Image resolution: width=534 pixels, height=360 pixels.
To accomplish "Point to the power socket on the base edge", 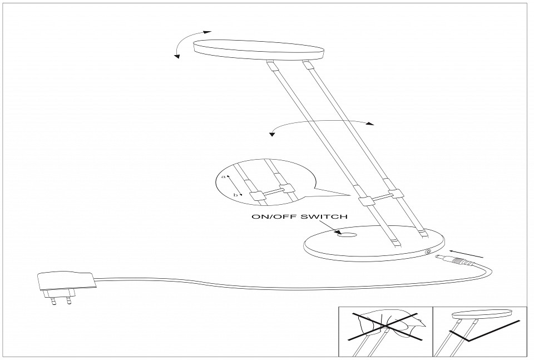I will pos(428,252).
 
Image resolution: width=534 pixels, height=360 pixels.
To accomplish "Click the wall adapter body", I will pos(65,280).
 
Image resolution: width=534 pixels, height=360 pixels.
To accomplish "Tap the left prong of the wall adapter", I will pos(53,300).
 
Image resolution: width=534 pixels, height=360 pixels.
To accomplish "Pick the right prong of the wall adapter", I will pos(69,300).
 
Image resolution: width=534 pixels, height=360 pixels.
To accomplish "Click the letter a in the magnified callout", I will pos(224,176).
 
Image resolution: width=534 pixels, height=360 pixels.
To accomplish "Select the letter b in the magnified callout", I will pos(235,195).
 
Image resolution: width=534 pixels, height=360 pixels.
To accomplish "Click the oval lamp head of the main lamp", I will pos(259,48).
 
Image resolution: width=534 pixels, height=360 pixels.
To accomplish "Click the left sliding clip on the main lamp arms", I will pos(365,201).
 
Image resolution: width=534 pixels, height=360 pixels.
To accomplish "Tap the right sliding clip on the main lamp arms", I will pos(395,194).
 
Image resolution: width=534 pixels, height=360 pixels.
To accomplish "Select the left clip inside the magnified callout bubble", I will pos(256,195).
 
